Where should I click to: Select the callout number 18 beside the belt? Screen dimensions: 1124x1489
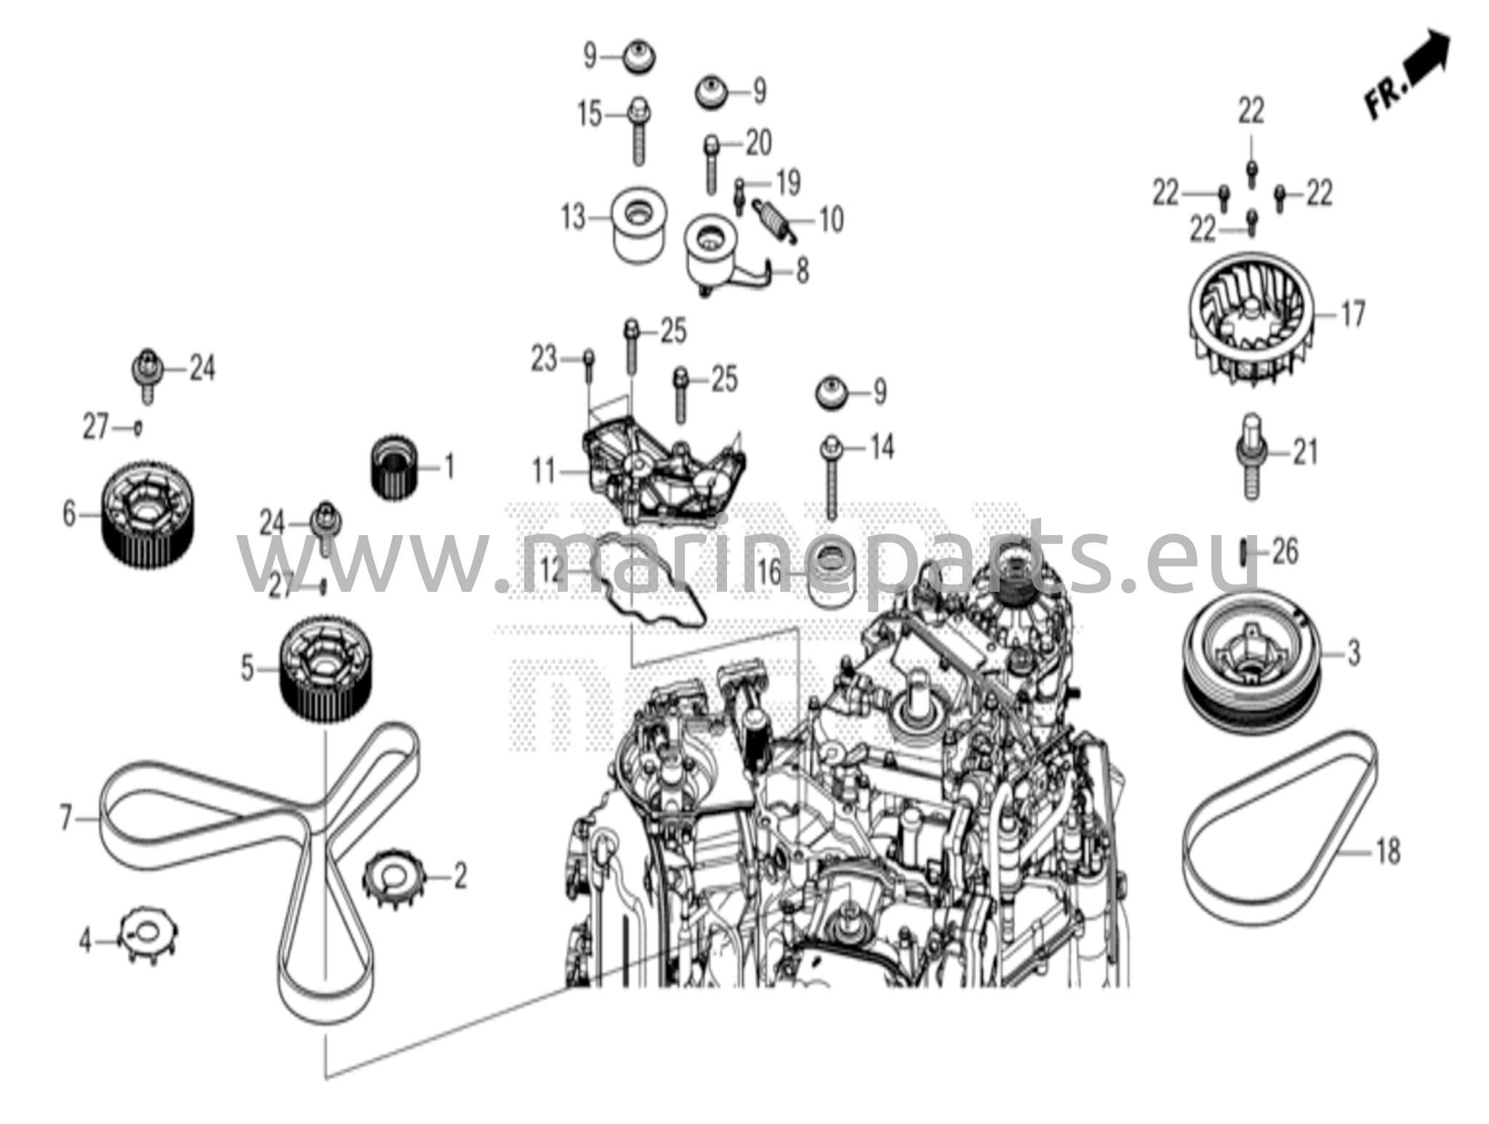click(1387, 851)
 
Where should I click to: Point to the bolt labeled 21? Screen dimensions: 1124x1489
click(1250, 458)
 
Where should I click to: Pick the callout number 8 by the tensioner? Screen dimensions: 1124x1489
click(801, 271)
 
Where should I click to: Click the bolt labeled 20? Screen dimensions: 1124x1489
click(710, 164)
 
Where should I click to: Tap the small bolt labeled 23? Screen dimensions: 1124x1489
click(589, 366)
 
